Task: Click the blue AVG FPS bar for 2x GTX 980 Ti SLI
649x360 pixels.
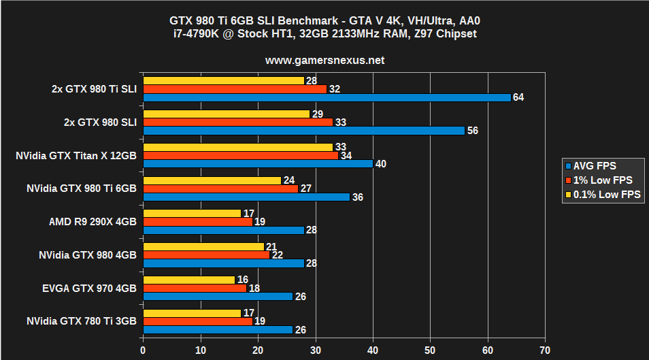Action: pyautogui.click(x=327, y=97)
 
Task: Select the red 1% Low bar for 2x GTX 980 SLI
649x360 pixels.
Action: pyautogui.click(x=237, y=122)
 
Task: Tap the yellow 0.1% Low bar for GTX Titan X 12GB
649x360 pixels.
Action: pyautogui.click(x=237, y=147)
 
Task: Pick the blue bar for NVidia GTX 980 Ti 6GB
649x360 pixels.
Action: pyautogui.click(x=246, y=197)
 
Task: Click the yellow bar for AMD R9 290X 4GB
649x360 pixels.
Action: pyautogui.click(x=192, y=213)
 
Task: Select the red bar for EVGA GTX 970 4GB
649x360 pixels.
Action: pyautogui.click(x=195, y=288)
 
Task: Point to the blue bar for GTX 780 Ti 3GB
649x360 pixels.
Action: pyautogui.click(x=218, y=329)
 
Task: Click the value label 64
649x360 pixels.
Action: pyautogui.click(x=518, y=97)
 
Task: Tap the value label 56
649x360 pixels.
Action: pyautogui.click(x=472, y=131)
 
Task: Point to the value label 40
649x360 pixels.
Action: pyautogui.click(x=380, y=163)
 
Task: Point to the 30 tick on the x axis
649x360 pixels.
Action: pyautogui.click(x=315, y=350)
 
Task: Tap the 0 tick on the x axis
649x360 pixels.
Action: pyautogui.click(x=143, y=350)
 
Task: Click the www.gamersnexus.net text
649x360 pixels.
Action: pyautogui.click(x=324, y=60)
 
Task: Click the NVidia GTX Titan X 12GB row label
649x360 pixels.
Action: pyautogui.click(x=76, y=156)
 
